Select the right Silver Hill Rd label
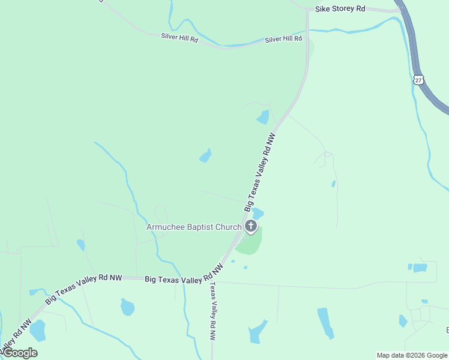pos(283,39)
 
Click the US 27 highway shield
pos(418,79)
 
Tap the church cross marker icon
pos(251,226)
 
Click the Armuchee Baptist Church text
pos(194,227)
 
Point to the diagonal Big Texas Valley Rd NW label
pos(260,172)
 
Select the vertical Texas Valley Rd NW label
pos(212,311)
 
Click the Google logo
pos(19,353)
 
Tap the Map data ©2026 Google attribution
pos(412,355)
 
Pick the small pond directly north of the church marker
pos(258,213)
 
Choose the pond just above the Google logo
pos(37,330)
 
